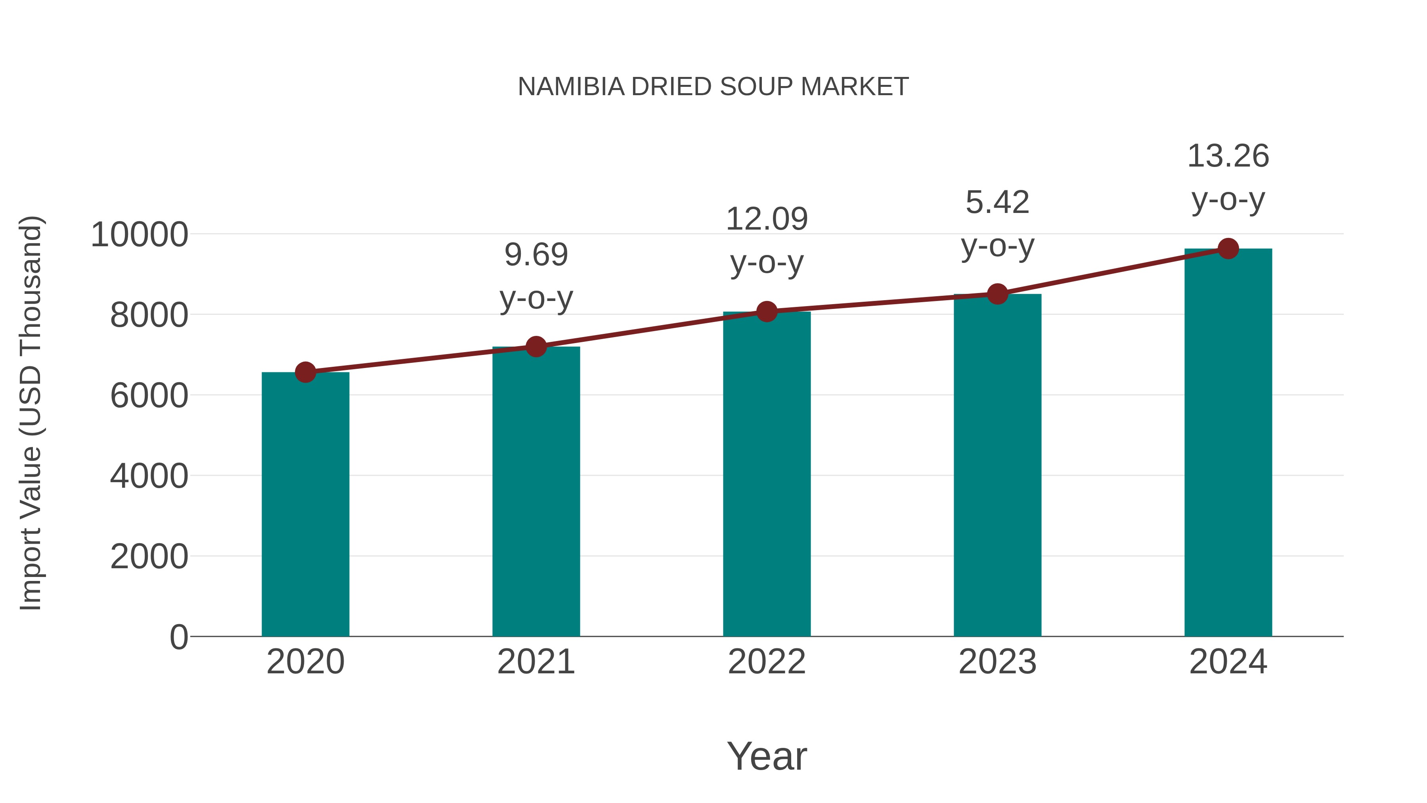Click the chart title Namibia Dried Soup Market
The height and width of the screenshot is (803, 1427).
[713, 87]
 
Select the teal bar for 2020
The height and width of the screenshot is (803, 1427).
[305, 504]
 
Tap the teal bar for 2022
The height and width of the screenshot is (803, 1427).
[767, 474]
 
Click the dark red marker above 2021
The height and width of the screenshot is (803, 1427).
[536, 347]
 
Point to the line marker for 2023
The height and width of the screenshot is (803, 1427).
[997, 294]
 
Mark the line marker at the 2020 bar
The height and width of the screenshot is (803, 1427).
[305, 372]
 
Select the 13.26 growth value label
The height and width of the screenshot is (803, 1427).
[1228, 156]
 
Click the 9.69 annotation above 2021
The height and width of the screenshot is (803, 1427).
[536, 255]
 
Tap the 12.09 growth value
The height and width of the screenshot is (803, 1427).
[767, 219]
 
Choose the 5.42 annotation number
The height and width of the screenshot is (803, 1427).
[997, 202]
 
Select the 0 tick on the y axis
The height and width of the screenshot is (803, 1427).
[179, 637]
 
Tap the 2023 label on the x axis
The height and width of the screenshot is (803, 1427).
[997, 662]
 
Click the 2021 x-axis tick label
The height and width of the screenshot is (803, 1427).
[536, 662]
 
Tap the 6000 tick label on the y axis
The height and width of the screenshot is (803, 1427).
[149, 396]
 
